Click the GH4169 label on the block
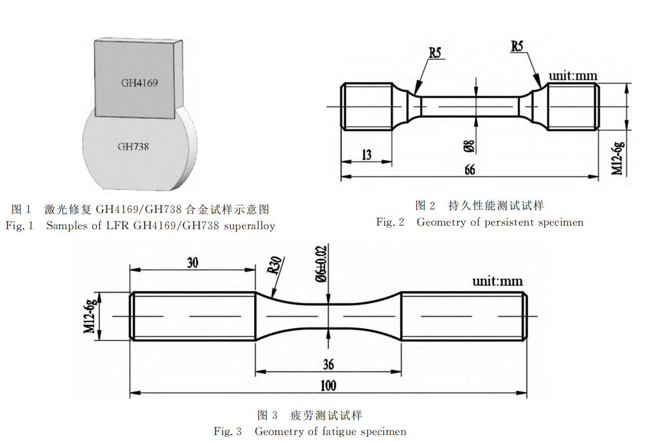139,83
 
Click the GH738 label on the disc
133,147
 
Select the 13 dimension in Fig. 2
367,154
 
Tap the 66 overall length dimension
470,169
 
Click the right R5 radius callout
517,46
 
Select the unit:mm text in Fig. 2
573,76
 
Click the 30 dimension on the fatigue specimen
192,262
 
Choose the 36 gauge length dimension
328,364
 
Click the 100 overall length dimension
328,386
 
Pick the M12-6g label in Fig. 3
91,316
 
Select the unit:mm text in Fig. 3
498,281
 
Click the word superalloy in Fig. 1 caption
249,226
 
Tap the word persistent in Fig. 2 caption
509,222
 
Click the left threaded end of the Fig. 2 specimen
367,107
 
